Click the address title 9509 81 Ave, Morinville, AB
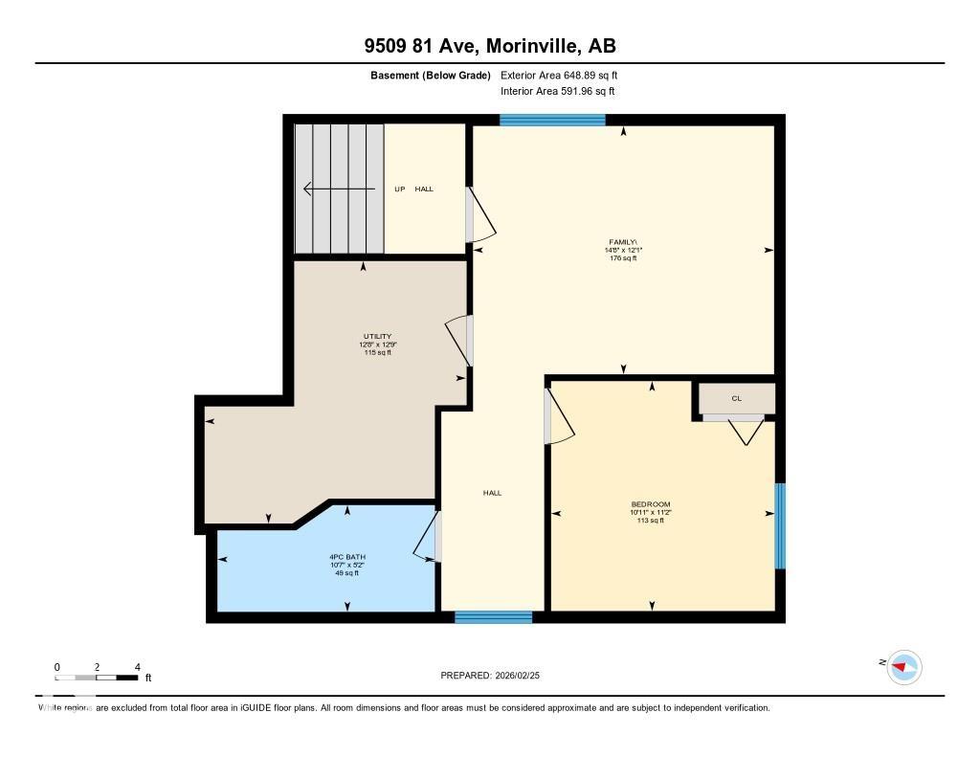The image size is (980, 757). [489, 45]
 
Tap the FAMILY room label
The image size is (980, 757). [623, 242]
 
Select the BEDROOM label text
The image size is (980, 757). [650, 504]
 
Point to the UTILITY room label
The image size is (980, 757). [376, 337]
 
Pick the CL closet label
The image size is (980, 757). [736, 399]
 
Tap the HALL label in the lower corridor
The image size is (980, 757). [492, 493]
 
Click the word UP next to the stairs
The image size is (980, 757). [400, 189]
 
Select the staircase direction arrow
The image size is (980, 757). [337, 189]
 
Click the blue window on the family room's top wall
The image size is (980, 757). [552, 120]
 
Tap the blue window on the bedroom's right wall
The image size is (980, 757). [780, 525]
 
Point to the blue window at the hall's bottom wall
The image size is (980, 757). [493, 617]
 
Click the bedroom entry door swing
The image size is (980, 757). [558, 417]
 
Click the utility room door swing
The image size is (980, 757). [457, 340]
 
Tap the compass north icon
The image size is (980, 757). [903, 666]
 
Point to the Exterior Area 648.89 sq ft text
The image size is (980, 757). [566, 75]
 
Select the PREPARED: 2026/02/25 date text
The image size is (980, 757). [496, 675]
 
